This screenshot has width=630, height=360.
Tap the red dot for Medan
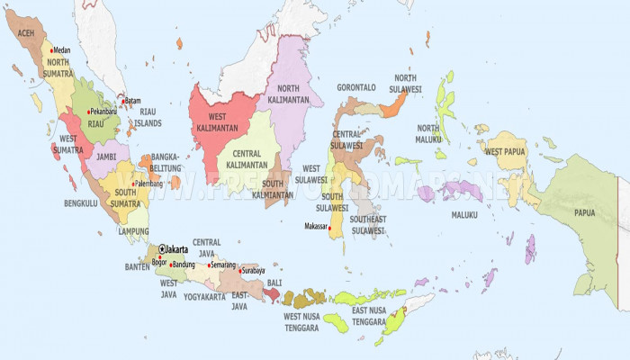51,50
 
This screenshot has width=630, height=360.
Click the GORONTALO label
356,87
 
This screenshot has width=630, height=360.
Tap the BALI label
274,283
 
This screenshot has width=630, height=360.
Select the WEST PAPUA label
506,151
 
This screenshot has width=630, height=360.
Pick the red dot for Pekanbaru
87,112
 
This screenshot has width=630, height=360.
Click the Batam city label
132,101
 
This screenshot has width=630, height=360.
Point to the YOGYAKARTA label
205,296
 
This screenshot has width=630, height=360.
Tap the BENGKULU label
81,203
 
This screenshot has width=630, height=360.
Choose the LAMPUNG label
134,230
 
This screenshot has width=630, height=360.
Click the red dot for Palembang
134,184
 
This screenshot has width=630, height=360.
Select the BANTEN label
137,266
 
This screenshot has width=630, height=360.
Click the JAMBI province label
107,156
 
